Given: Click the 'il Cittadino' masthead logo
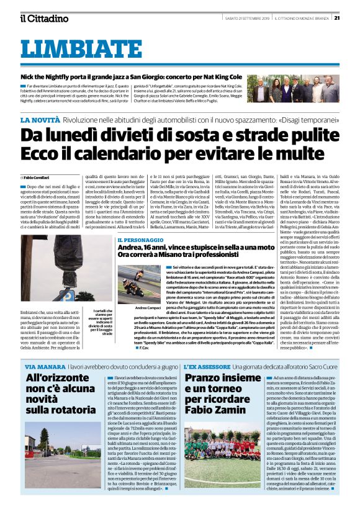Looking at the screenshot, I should pyautogui.click(x=43, y=18).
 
